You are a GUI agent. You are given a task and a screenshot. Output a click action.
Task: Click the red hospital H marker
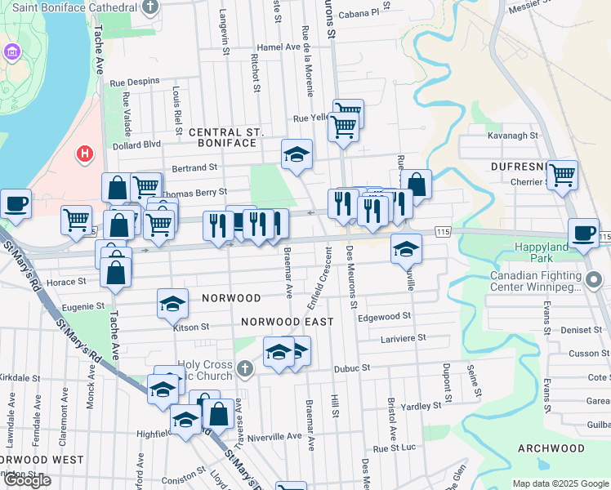[x=83, y=153]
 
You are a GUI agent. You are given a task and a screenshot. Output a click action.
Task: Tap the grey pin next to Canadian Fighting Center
[x=594, y=282]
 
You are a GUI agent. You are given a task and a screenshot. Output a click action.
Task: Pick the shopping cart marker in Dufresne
[x=562, y=174]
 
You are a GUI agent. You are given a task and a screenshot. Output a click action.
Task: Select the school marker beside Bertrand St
[x=297, y=154]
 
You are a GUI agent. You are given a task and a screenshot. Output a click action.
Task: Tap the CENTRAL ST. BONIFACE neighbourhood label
[x=223, y=137]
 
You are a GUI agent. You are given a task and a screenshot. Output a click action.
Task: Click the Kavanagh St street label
[x=512, y=136]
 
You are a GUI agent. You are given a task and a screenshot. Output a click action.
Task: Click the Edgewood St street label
[x=383, y=316]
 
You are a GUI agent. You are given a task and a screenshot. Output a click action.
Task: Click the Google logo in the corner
[x=27, y=480]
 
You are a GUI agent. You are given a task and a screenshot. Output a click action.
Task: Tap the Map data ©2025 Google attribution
[x=559, y=483]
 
